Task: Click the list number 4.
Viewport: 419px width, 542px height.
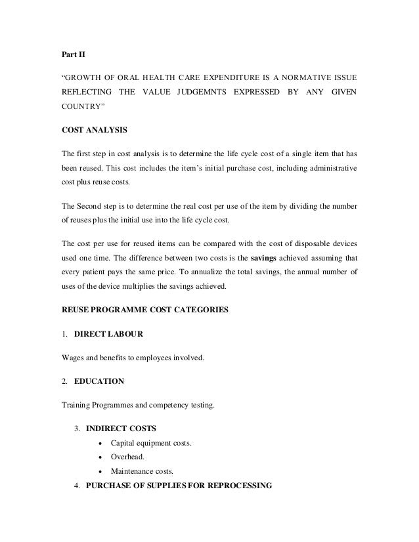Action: pyautogui.click(x=76, y=486)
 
